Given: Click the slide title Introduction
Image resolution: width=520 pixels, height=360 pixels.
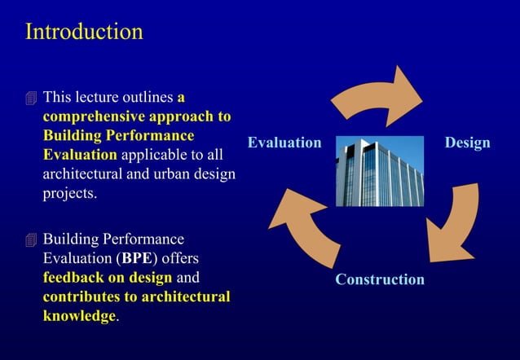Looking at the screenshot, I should [84, 32].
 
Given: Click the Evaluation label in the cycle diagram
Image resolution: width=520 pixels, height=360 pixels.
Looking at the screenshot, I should [284, 143].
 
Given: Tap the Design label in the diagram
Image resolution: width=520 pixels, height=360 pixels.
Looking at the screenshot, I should [467, 143].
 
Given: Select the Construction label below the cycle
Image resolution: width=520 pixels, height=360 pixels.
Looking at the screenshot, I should [380, 279].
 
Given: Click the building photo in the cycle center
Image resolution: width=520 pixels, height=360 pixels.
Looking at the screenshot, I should [380, 171].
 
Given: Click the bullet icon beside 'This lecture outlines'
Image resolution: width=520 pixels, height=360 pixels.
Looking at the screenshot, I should [31, 99].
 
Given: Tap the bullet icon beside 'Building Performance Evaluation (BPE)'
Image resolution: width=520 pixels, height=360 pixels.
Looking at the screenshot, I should [31, 239].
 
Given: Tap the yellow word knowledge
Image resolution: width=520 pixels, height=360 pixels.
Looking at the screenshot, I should [79, 315].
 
